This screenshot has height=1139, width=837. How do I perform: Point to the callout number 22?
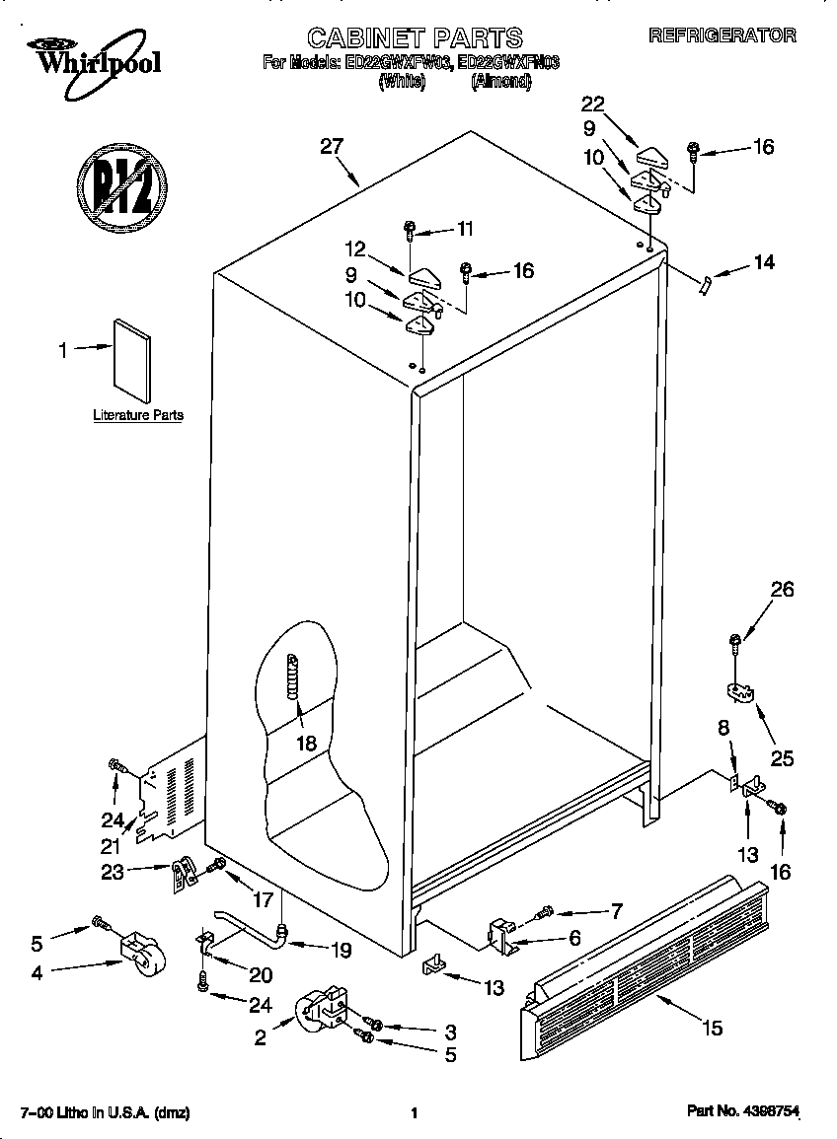592,106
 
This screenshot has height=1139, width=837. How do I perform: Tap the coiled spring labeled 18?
292,678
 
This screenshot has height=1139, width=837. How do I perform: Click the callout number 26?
782,591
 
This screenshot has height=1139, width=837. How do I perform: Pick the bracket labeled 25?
739,691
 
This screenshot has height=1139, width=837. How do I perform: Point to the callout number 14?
763,262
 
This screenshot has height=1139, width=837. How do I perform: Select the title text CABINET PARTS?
415,38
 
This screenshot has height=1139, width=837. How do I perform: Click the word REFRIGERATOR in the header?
722,35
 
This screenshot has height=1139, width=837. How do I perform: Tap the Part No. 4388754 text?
742,1111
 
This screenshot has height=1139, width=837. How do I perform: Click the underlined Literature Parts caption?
138,415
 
